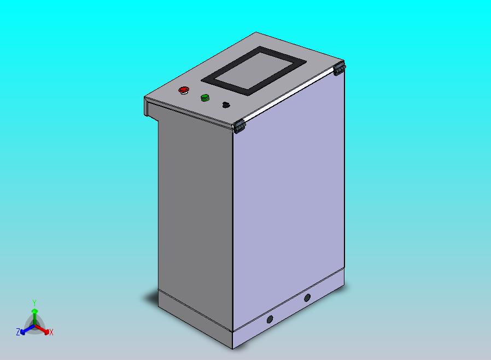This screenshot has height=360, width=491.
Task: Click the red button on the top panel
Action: pyautogui.click(x=184, y=89)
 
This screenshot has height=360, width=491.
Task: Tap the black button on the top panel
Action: pyautogui.click(x=226, y=104)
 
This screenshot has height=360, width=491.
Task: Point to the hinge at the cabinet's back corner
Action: pyautogui.click(x=339, y=68)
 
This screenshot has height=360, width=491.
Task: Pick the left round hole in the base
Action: pyautogui.click(x=269, y=320)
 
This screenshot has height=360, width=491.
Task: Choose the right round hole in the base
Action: pyautogui.click(x=307, y=298)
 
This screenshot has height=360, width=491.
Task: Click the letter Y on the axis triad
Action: pyautogui.click(x=34, y=303)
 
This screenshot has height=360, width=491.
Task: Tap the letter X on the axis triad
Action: pyautogui.click(x=51, y=332)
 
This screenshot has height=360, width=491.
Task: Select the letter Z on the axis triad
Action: pyautogui.click(x=18, y=332)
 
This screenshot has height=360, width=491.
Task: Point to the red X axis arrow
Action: pyautogui.click(x=45, y=330)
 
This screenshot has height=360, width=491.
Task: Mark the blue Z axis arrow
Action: pyautogui.click(x=24, y=330)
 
